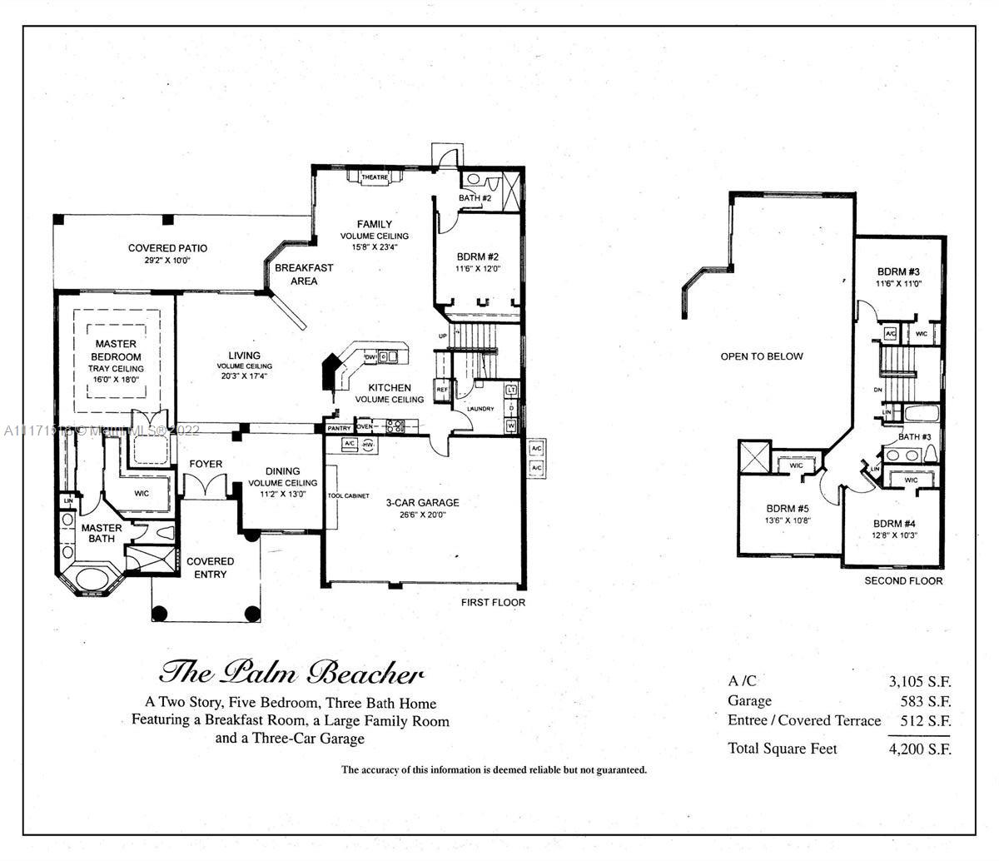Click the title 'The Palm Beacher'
coord(291,672)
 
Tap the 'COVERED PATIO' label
coord(167,248)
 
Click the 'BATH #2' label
coord(475,198)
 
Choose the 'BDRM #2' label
coord(478,256)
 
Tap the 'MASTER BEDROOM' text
coord(116,350)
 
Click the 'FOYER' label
coord(205,464)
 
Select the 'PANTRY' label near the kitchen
coord(339,428)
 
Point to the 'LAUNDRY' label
coord(480,409)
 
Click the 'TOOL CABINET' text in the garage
coord(348,496)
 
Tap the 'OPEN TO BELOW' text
coord(762,356)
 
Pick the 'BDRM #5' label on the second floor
coord(788,509)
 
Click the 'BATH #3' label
coord(913,438)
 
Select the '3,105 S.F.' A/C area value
coord(919,681)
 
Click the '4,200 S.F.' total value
coord(919,749)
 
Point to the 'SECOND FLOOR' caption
coord(903,580)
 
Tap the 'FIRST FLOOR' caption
coord(493,602)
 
